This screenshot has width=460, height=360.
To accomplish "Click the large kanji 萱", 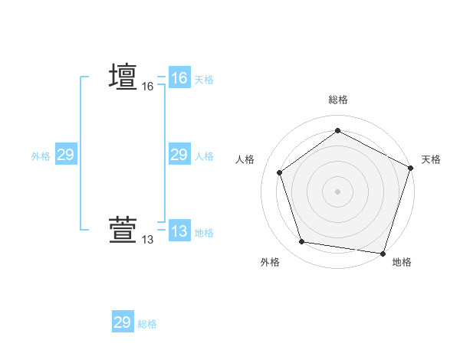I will [x=123, y=231].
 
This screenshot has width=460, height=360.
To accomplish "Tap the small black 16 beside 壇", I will [x=147, y=87].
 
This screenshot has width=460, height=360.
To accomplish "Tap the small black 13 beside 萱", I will [x=147, y=241].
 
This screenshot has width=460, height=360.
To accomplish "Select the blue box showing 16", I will [x=179, y=78].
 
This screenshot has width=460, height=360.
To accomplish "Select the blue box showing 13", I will [x=179, y=231].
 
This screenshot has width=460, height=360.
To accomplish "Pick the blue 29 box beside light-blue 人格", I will [x=179, y=155].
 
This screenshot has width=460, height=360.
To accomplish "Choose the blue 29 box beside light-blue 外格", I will [x=65, y=155].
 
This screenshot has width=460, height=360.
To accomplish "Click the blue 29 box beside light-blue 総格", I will [x=123, y=322].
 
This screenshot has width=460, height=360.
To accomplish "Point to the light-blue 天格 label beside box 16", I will [x=204, y=80].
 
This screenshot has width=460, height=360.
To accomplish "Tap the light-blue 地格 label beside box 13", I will [x=204, y=233].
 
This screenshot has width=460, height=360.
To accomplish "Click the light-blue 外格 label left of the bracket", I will [x=41, y=156].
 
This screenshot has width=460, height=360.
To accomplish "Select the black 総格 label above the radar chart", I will [x=337, y=100].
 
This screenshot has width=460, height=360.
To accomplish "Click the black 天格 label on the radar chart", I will [x=431, y=159].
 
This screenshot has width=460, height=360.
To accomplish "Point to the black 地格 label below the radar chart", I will [x=402, y=262].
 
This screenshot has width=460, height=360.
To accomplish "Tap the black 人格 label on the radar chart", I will [x=245, y=159].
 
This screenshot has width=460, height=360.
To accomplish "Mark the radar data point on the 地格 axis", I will [x=383, y=253].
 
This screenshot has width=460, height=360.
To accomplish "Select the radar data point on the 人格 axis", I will [x=280, y=172].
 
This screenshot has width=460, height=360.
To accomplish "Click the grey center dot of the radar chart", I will [x=337, y=191].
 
